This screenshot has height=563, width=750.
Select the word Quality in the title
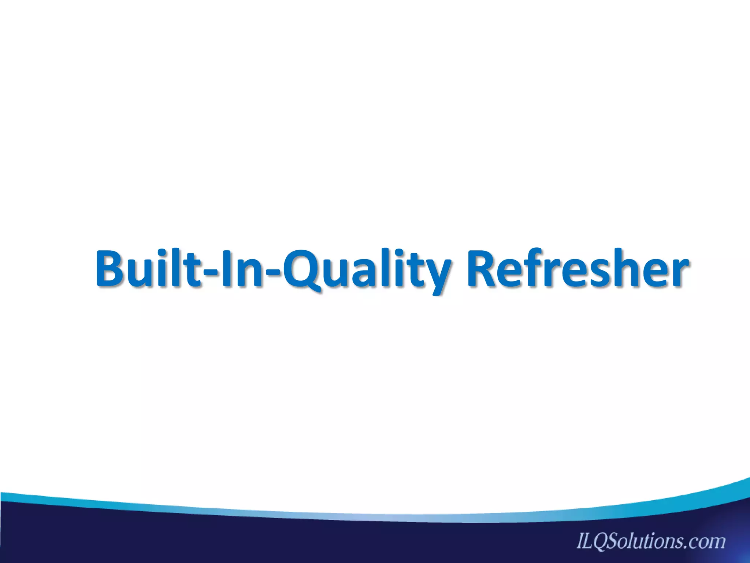(x=367, y=269)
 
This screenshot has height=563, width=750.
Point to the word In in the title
(x=242, y=268)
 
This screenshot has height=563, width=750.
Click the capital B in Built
(x=111, y=268)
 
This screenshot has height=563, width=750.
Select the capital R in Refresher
(x=484, y=268)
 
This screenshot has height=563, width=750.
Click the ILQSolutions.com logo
(x=651, y=541)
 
